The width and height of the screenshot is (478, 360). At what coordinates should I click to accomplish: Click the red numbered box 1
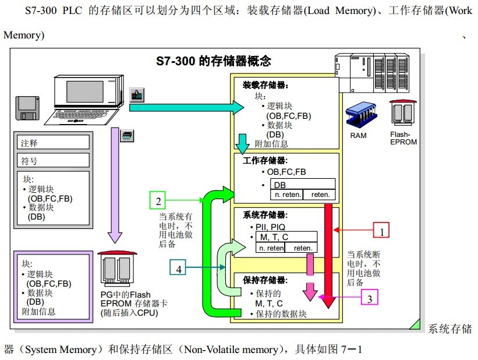pyautogui.click(x=381, y=230)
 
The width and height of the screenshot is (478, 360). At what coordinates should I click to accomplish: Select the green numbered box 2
pyautogui.click(x=158, y=200)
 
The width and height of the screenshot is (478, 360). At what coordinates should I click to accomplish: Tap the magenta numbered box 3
pyautogui.click(x=370, y=297)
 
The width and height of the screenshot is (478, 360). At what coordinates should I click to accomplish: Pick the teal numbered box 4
pyautogui.click(x=178, y=267)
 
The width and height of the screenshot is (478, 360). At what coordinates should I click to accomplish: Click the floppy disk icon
pyautogui.click(x=27, y=108)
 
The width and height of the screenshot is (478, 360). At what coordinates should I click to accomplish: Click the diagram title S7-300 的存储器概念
pyautogui.click(x=214, y=61)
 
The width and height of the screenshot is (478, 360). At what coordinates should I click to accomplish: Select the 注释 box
pyautogui.click(x=53, y=143)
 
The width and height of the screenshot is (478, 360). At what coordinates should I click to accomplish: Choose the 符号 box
pyautogui.click(x=53, y=160)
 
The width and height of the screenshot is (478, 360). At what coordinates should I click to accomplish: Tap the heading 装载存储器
pyautogui.click(x=265, y=85)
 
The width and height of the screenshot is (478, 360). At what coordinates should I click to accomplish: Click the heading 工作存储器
pyautogui.click(x=265, y=160)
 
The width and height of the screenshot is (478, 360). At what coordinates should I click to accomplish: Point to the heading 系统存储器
pyautogui.click(x=265, y=215)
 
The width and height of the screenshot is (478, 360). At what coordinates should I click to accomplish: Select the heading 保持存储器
pyautogui.click(x=265, y=280)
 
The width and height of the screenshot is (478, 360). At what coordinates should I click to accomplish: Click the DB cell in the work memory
pyautogui.click(x=303, y=184)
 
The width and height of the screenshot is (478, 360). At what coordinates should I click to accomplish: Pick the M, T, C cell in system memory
pyautogui.click(x=286, y=237)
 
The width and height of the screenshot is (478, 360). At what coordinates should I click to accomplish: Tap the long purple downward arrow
pyautogui.click(x=115, y=185)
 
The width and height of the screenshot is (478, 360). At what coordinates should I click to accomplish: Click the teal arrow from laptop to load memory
pyautogui.click(x=186, y=107)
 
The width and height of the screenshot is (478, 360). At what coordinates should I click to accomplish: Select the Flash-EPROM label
pyautogui.click(x=403, y=138)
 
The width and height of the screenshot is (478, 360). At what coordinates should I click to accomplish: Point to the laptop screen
pyautogui.click(x=85, y=91)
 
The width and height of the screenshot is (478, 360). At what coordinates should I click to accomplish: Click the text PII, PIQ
pyautogui.click(x=270, y=227)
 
